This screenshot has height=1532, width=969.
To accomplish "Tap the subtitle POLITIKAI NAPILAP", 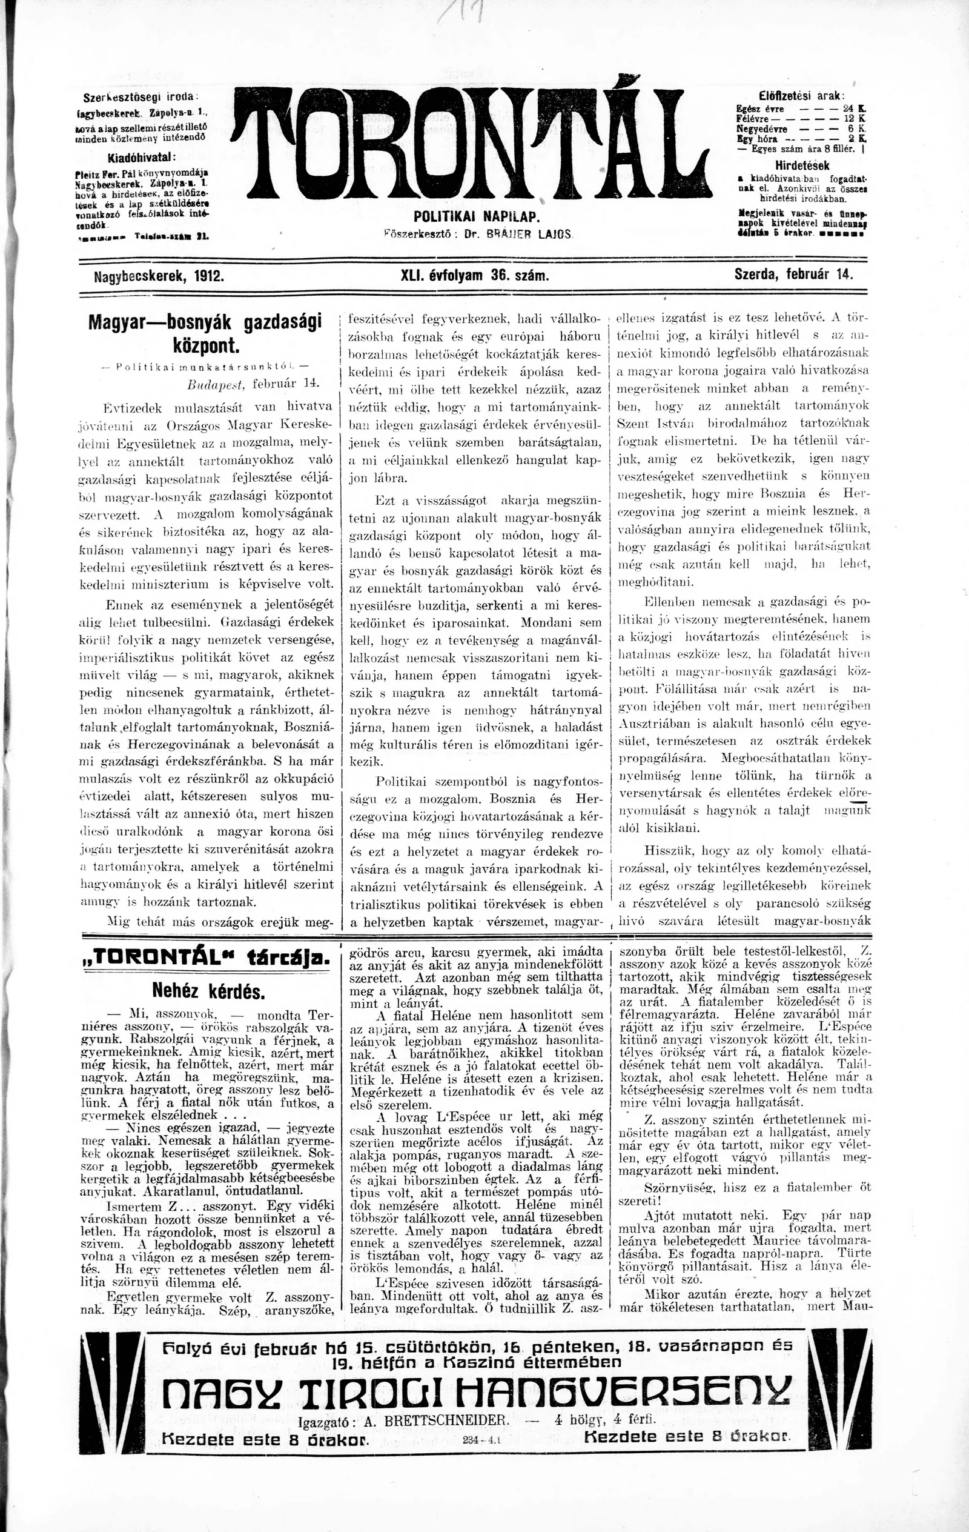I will (477, 218).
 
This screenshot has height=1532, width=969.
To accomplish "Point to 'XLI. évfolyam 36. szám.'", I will (474, 276).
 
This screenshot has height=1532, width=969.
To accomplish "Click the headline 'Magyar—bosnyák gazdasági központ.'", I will (205, 333).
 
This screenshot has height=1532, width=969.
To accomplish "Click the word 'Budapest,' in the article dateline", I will (218, 385).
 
